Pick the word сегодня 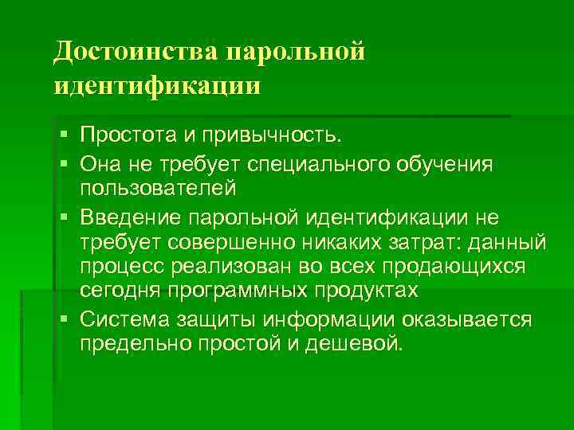click(x=124, y=289)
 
